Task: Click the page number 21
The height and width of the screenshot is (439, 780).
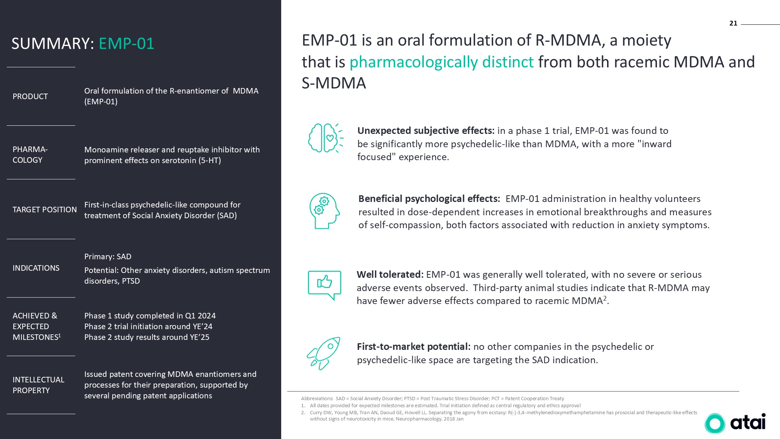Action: tap(733, 23)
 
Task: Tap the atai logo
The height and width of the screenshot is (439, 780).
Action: tap(735, 423)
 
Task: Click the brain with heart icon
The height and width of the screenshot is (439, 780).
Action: tap(325, 138)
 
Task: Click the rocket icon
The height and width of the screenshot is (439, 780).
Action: tap(324, 353)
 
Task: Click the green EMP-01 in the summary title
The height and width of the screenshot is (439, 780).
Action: tap(126, 44)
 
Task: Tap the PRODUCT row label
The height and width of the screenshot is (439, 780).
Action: tap(30, 97)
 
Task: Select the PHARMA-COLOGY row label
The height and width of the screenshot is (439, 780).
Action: tap(30, 155)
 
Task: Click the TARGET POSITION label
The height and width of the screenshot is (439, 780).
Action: tap(45, 210)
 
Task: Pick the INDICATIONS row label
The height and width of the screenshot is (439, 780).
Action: tap(36, 268)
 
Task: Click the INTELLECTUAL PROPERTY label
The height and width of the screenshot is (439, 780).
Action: tap(38, 385)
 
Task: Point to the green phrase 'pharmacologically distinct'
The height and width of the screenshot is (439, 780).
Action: tap(442, 62)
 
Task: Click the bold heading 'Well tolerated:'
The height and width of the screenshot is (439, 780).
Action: tap(390, 274)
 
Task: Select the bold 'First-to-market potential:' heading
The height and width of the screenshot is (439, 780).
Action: tap(413, 347)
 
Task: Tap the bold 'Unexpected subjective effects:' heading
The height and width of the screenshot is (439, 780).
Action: tap(426, 131)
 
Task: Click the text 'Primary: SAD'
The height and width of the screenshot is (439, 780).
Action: tap(108, 257)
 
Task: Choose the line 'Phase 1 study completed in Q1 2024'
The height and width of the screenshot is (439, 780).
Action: tap(150, 316)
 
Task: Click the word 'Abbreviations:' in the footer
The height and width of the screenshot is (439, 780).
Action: tap(317, 399)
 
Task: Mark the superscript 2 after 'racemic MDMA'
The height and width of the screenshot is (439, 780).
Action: tap(605, 298)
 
